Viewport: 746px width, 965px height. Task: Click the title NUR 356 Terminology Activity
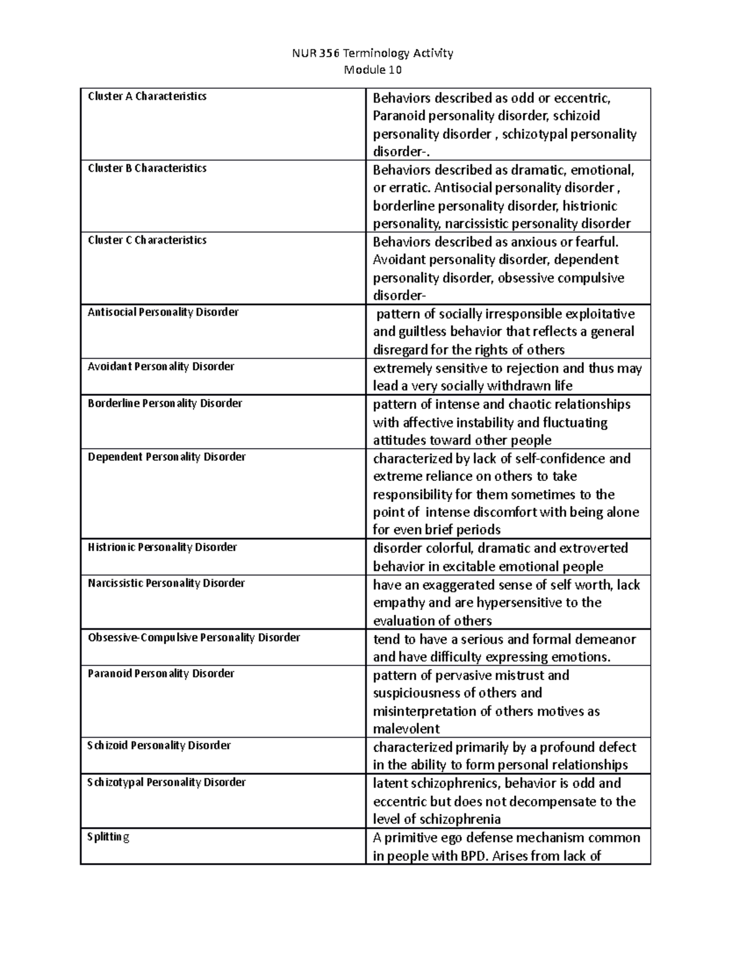click(372, 53)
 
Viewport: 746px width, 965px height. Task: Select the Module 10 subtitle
click(372, 70)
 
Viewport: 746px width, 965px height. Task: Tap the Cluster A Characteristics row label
click(147, 96)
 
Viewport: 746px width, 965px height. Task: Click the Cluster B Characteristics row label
click(147, 168)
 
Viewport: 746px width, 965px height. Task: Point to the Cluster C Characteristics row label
click(147, 240)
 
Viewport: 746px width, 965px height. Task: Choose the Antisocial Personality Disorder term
click(163, 312)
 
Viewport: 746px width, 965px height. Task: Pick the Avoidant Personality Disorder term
click(161, 367)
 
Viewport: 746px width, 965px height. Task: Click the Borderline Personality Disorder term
click(165, 403)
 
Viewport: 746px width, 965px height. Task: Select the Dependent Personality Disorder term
click(167, 457)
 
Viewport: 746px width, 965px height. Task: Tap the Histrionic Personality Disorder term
click(162, 547)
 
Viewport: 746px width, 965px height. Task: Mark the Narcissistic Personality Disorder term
click(166, 583)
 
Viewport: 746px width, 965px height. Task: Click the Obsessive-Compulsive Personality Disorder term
click(194, 638)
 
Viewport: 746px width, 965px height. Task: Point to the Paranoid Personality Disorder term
click(161, 674)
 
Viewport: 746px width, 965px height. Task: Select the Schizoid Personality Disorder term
click(159, 745)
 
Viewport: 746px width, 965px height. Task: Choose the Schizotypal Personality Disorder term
click(167, 782)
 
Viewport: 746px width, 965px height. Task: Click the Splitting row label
click(108, 837)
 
